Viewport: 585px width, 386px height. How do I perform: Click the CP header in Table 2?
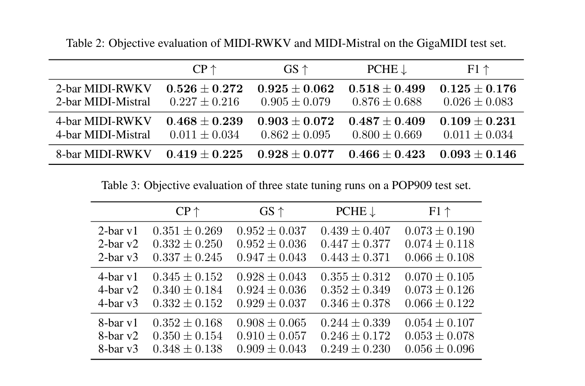click(x=205, y=70)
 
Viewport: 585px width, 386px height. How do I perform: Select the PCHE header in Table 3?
click(x=355, y=212)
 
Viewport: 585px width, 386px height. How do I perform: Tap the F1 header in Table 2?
click(x=478, y=70)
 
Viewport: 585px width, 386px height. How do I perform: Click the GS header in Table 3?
click(x=271, y=212)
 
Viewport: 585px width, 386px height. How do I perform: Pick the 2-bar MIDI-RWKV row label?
click(x=103, y=89)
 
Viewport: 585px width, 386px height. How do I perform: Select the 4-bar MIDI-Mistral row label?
click(x=103, y=135)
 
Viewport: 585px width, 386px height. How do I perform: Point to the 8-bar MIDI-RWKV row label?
click(x=103, y=154)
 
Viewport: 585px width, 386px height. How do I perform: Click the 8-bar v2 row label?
click(x=118, y=336)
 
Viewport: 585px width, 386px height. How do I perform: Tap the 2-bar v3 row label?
click(x=118, y=257)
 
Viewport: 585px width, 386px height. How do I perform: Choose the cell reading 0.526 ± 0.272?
click(x=205, y=89)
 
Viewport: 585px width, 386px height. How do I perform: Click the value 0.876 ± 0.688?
click(x=387, y=102)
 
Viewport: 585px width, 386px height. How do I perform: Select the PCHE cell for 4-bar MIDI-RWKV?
click(x=387, y=122)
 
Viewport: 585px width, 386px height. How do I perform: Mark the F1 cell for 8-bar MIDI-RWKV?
click(x=478, y=154)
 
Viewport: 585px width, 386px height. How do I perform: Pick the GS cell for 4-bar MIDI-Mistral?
click(x=296, y=135)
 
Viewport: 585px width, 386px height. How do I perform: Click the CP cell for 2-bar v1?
click(x=187, y=231)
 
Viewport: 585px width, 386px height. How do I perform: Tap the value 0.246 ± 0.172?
click(x=355, y=336)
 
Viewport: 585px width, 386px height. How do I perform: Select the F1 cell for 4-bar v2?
click(x=439, y=290)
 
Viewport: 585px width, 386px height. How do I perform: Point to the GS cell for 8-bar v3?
click(x=271, y=349)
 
